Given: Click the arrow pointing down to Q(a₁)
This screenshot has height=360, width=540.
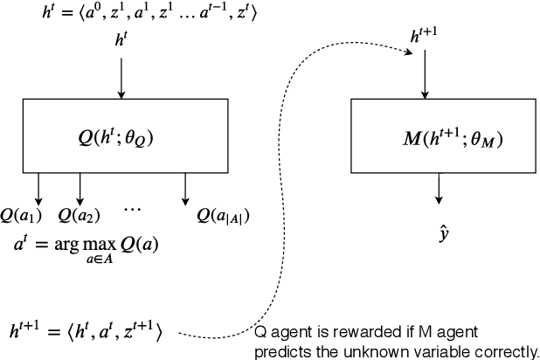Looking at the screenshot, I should click(x=38, y=187).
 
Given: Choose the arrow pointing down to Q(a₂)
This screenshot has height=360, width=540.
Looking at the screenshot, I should click(x=80, y=187).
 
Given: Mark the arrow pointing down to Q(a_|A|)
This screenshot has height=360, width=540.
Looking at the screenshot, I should click(x=185, y=187).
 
